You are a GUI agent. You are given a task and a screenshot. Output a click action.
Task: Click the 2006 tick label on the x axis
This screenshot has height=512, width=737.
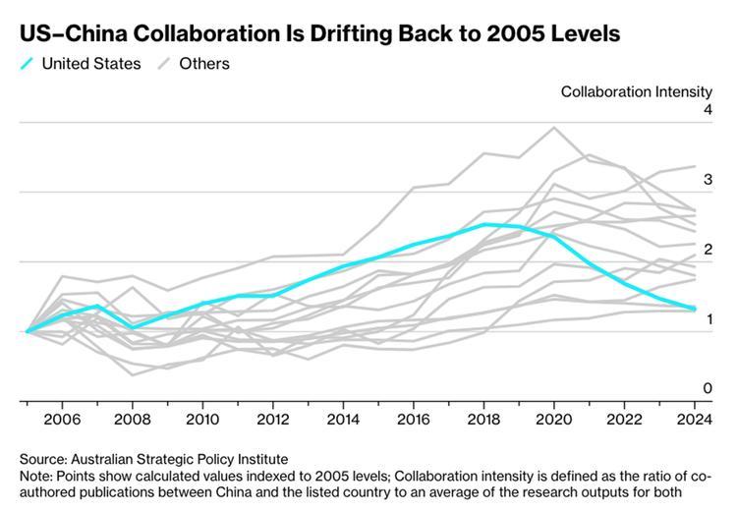62,418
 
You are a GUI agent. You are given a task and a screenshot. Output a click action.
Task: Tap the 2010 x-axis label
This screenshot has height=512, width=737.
201,418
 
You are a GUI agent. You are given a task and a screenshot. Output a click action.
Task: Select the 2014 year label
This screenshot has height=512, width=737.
342,418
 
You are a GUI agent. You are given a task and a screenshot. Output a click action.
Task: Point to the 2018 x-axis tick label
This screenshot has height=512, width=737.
482,418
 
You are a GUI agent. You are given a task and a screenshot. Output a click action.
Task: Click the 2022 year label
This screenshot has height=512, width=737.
622,418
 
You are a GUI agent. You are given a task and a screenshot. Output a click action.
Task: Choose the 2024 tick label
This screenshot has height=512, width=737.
692,418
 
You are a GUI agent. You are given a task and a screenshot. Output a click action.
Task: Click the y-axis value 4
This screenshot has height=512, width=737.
707,110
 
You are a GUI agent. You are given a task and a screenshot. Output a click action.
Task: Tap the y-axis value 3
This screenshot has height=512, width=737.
707,180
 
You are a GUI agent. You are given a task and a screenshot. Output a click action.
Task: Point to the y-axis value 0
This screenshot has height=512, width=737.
707,389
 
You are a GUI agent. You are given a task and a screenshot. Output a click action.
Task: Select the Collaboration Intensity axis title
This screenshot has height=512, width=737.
636,91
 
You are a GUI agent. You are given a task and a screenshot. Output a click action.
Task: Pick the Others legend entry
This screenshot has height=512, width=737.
203,64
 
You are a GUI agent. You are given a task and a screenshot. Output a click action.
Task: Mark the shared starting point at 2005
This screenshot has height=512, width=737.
28,331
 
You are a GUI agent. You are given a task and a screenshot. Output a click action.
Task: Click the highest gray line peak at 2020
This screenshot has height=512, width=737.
553,127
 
